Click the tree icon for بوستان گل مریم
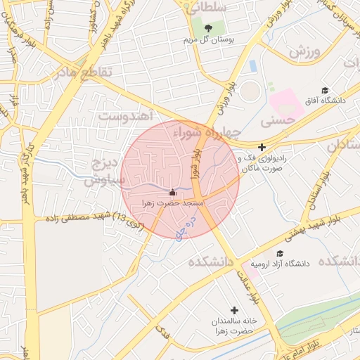click(x=208, y=28)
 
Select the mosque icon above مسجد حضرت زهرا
click(x=173, y=191)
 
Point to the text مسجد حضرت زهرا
click(x=173, y=202)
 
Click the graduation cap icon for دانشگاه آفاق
click(x=325, y=91)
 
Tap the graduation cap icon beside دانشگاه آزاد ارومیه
click(x=280, y=253)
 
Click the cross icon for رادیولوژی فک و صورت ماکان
click(x=262, y=148)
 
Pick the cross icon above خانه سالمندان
click(x=234, y=310)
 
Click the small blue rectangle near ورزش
click(x=253, y=65)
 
